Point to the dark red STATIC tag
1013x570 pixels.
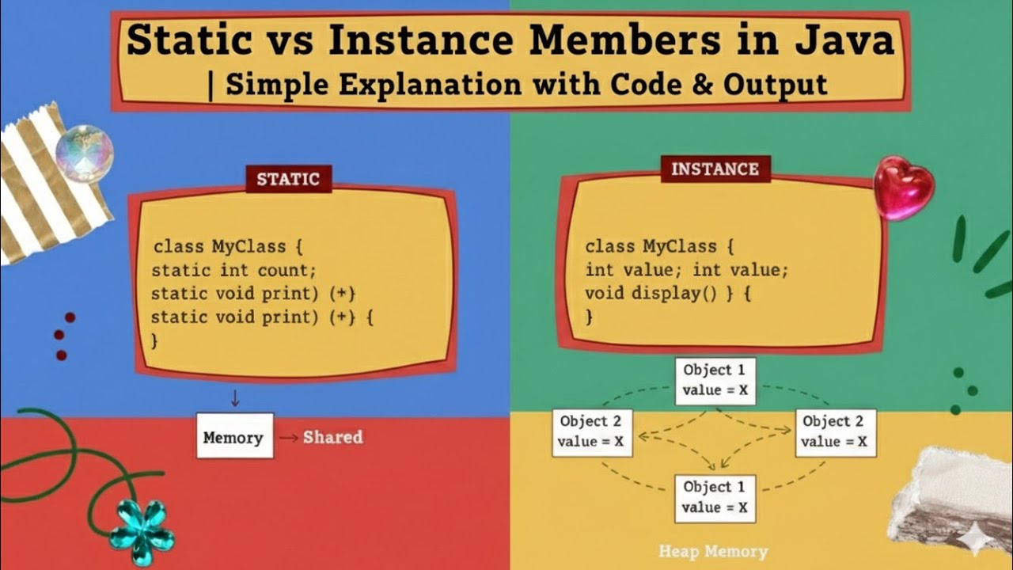288,179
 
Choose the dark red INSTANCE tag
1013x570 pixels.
715,169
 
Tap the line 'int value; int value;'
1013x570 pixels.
686,270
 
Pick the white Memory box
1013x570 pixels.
234,436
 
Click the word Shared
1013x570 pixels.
332,437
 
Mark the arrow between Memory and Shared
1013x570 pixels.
288,438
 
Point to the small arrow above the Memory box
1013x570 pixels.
234,397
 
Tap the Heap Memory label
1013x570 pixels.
713,551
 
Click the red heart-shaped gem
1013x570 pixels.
903,187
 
